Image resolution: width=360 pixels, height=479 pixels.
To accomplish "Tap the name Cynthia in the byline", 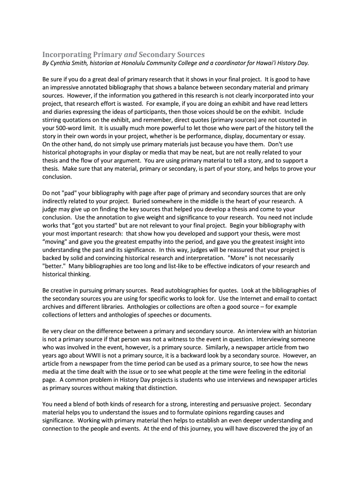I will point(63,63).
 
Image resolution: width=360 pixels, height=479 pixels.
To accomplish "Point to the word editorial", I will point(291,372).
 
